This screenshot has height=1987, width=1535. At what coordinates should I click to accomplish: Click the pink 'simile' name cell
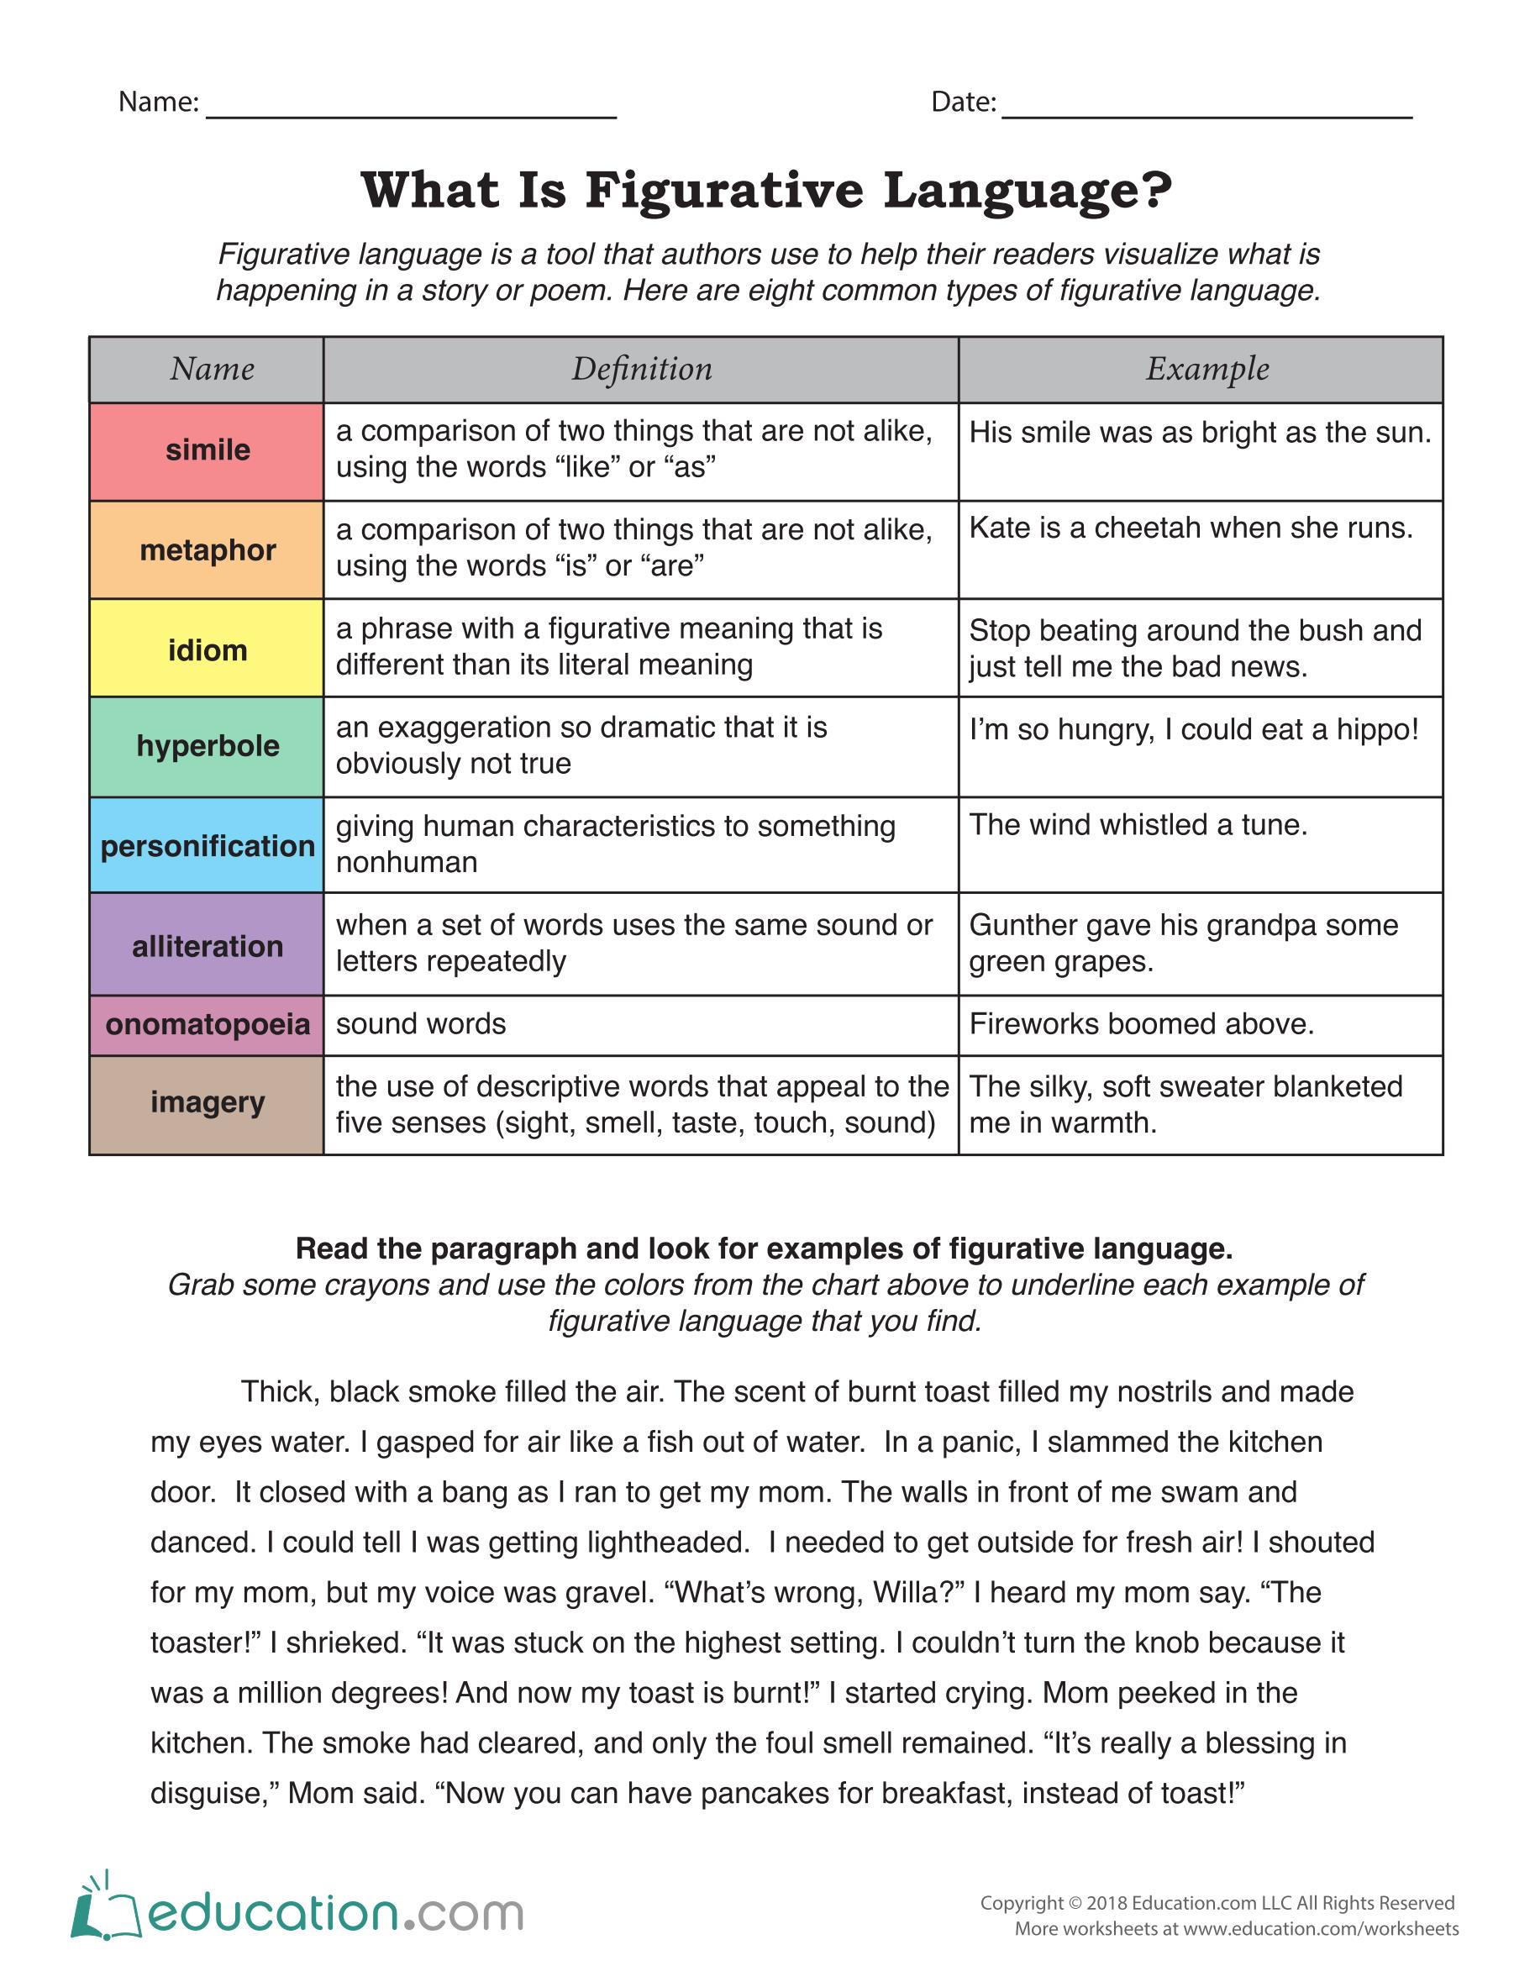(x=207, y=451)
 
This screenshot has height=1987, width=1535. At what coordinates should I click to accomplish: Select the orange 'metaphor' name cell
(x=207, y=550)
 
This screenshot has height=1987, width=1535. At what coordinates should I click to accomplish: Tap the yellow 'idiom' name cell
(x=207, y=649)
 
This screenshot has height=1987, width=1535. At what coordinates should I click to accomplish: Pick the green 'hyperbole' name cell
(x=207, y=747)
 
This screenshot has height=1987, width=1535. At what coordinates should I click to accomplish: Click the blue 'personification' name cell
(x=207, y=845)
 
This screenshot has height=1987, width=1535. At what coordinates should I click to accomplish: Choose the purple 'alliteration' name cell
(x=207, y=944)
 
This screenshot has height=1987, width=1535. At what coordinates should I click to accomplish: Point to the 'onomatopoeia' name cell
(x=207, y=1025)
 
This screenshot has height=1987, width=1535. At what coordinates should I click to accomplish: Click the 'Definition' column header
(x=642, y=370)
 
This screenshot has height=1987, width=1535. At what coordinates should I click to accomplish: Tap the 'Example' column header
(x=1206, y=370)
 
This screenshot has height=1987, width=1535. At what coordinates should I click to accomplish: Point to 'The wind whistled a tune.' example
(x=1138, y=825)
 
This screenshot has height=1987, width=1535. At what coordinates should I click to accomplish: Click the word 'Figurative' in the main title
(x=724, y=190)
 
